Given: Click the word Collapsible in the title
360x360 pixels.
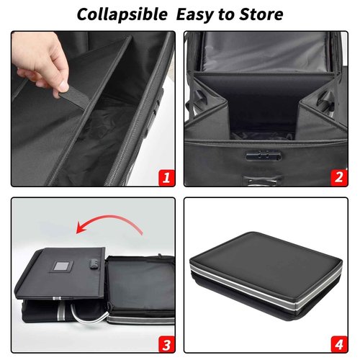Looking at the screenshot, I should click(x=118, y=14).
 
